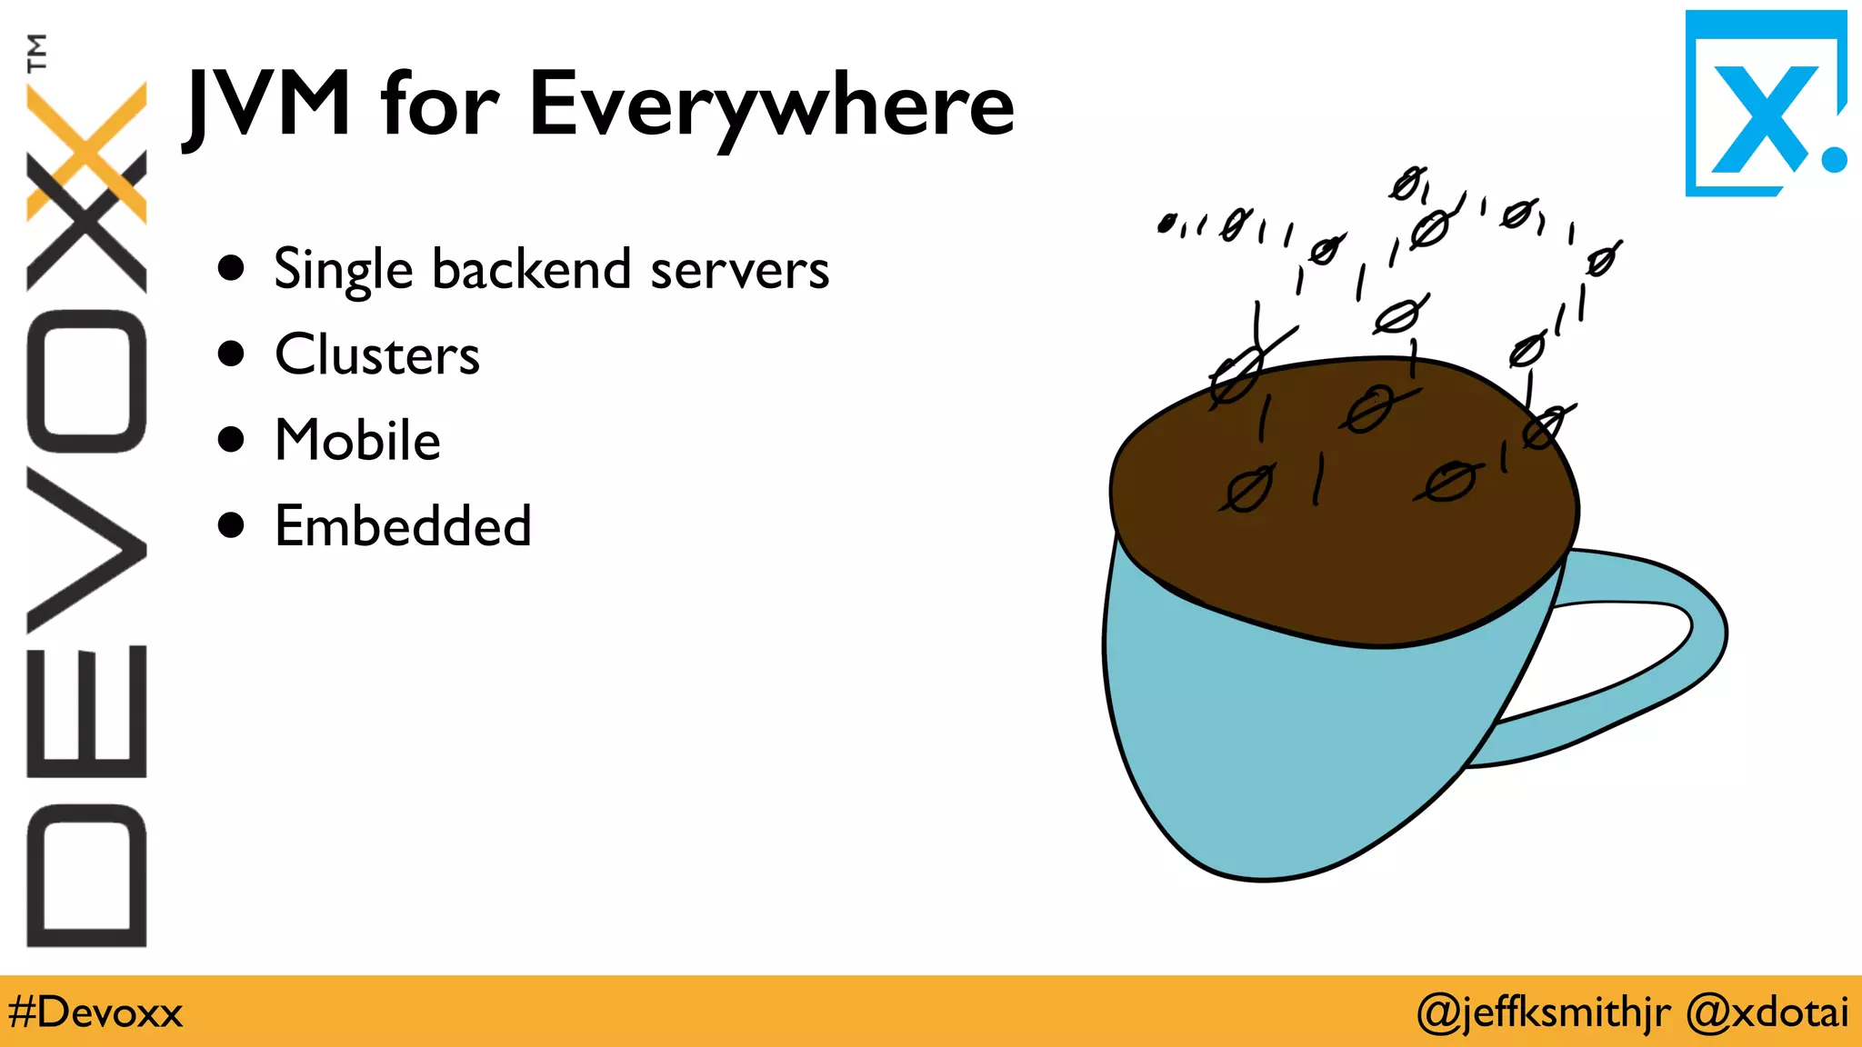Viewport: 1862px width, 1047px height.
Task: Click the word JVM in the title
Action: (x=268, y=105)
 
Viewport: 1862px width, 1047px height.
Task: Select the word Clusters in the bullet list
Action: (x=377, y=354)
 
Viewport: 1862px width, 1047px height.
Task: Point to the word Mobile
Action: (x=357, y=440)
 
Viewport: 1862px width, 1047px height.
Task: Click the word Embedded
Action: (x=403, y=525)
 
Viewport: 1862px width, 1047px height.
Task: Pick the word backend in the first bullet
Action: (x=532, y=269)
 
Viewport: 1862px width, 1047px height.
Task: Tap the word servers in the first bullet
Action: (x=740, y=270)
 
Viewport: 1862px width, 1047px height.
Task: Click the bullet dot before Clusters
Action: (x=232, y=354)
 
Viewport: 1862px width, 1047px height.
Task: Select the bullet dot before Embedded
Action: (x=232, y=524)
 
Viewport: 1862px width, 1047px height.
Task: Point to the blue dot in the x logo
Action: (x=1834, y=159)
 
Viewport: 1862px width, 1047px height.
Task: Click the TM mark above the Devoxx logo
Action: (x=36, y=52)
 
